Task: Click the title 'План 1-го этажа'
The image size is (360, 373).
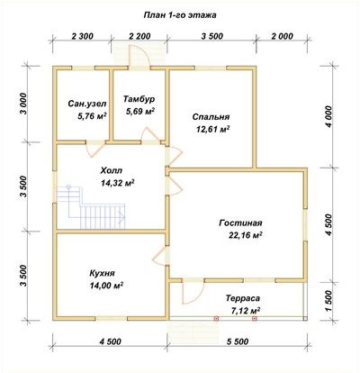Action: [180, 15]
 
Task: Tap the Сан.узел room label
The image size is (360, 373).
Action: [87, 104]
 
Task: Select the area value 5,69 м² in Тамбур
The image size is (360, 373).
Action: [140, 112]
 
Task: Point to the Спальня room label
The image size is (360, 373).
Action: [211, 116]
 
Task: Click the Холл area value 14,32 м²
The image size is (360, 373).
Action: [118, 183]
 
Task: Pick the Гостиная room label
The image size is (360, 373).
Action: [240, 223]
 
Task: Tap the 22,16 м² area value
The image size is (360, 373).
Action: [246, 235]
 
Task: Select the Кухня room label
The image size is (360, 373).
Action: [102, 273]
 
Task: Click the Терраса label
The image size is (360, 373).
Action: [243, 298]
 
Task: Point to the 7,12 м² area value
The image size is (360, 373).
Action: [246, 310]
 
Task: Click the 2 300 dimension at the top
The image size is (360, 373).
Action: [83, 36]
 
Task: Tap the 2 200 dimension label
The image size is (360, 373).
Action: [139, 36]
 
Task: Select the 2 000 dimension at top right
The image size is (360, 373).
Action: [282, 36]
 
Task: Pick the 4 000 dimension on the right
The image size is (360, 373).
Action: [329, 116]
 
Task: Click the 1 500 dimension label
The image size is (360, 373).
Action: [329, 301]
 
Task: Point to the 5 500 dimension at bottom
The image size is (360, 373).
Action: [238, 341]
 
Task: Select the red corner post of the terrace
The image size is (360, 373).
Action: [305, 319]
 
